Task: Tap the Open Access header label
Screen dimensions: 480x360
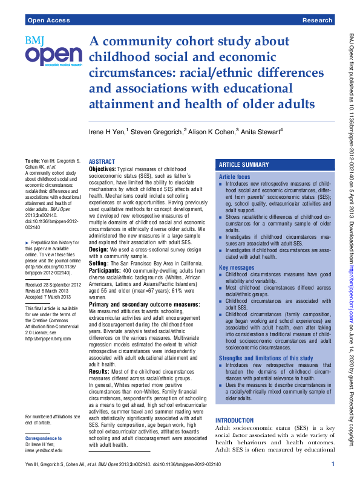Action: click(x=48, y=20)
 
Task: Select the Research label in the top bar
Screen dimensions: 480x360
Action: click(x=317, y=20)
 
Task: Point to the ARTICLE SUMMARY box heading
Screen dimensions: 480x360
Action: click(x=244, y=164)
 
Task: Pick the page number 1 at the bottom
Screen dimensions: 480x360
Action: click(x=333, y=464)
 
